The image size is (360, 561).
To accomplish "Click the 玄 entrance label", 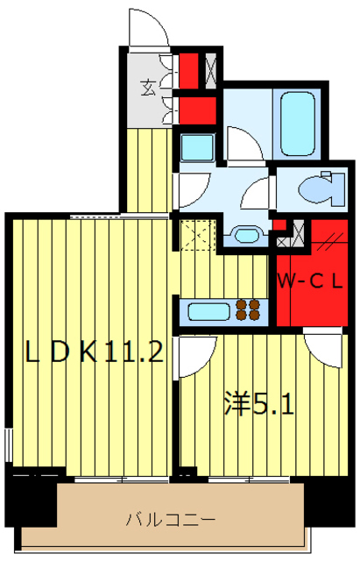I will click(x=148, y=87).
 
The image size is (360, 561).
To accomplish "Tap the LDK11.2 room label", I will click(x=95, y=352).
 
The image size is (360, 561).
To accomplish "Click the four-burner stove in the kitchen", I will click(x=248, y=310).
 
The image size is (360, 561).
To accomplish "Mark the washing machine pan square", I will click(x=195, y=146).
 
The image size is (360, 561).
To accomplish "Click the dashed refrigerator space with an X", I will click(x=196, y=234).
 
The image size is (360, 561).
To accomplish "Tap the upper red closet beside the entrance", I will click(x=188, y=68).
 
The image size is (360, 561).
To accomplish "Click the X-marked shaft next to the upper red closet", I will click(x=209, y=68).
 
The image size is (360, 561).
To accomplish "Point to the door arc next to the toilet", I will click(x=258, y=193).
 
